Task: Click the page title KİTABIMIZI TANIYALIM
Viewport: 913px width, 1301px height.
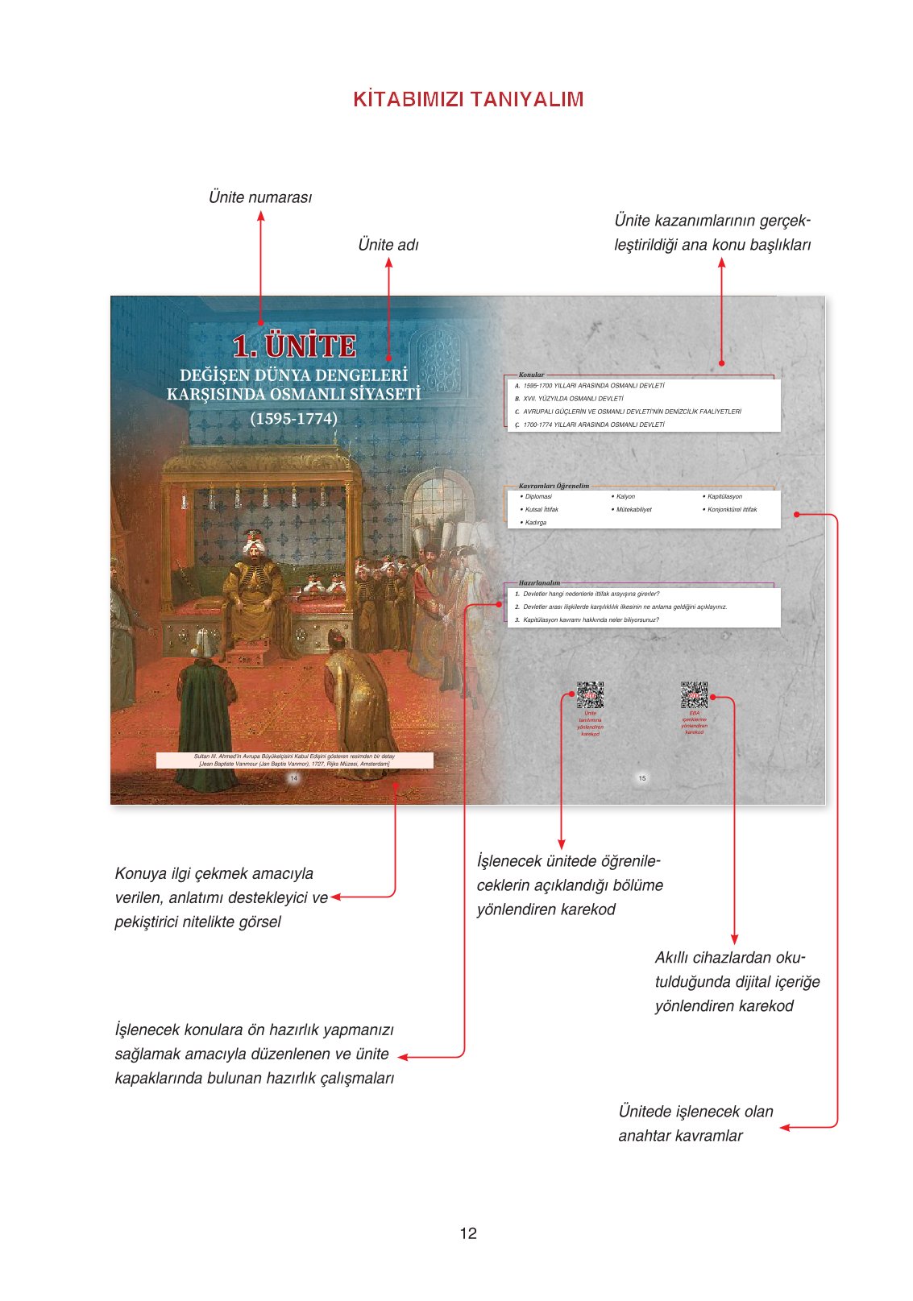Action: pyautogui.click(x=468, y=99)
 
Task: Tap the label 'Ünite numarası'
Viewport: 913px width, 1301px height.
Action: pyautogui.click(x=259, y=197)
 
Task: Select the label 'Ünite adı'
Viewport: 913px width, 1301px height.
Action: pyautogui.click(x=388, y=245)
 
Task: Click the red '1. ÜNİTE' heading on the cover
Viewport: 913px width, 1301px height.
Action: pyautogui.click(x=294, y=346)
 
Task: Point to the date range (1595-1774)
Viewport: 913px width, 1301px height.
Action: pyautogui.click(x=293, y=419)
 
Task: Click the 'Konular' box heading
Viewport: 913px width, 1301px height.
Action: pyautogui.click(x=531, y=375)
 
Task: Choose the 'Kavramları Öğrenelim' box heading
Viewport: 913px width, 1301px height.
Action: pyautogui.click(x=554, y=486)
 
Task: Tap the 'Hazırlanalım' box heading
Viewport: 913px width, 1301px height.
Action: pyautogui.click(x=539, y=582)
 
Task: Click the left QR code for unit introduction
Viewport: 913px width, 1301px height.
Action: pyautogui.click(x=590, y=695)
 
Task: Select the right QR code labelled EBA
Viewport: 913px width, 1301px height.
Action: pyautogui.click(x=694, y=694)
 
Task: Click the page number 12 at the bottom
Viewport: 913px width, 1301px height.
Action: pyautogui.click(x=468, y=1233)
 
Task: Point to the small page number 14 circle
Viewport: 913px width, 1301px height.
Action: pyautogui.click(x=293, y=778)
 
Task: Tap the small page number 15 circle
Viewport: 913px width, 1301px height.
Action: pyautogui.click(x=641, y=778)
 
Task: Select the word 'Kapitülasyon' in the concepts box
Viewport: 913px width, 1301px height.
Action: pyautogui.click(x=724, y=497)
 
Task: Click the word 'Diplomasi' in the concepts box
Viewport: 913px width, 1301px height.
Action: pyautogui.click(x=538, y=497)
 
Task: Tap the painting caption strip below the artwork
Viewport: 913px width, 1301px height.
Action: pyautogui.click(x=294, y=760)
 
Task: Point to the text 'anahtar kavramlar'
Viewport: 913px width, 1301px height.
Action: pyautogui.click(x=680, y=1136)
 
